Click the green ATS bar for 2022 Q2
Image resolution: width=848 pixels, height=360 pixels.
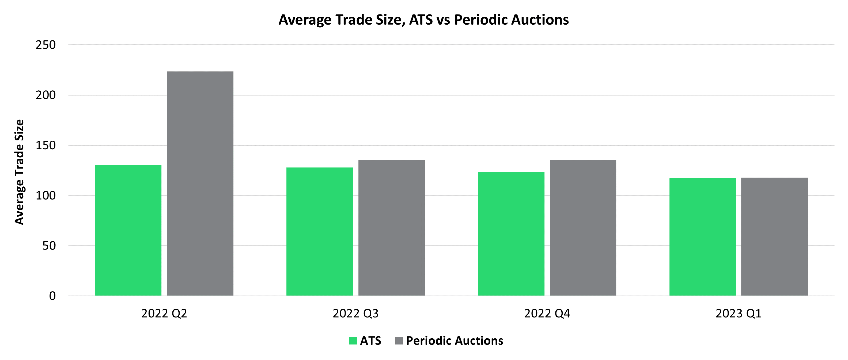click(128, 230)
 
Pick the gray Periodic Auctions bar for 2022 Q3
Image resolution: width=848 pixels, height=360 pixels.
click(391, 228)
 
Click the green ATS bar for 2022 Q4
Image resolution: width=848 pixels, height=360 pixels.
click(511, 234)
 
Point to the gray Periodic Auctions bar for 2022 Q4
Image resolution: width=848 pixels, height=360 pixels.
click(583, 228)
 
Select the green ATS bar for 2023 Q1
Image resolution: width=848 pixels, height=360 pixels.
click(702, 237)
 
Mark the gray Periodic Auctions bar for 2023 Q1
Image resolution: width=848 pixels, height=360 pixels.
click(774, 237)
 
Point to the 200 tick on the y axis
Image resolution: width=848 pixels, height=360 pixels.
click(46, 95)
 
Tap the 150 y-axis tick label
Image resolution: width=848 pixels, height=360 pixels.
click(46, 145)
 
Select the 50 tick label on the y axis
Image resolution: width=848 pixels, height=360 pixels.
click(49, 246)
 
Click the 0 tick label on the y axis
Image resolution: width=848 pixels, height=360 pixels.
click(52, 296)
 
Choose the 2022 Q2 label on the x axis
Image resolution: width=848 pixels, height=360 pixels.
click(164, 313)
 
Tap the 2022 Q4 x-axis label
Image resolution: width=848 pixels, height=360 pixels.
click(547, 313)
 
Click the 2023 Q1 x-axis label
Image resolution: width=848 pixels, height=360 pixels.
click(738, 313)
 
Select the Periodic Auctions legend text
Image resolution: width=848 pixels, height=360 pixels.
click(454, 340)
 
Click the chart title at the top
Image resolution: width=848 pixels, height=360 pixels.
click(424, 20)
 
